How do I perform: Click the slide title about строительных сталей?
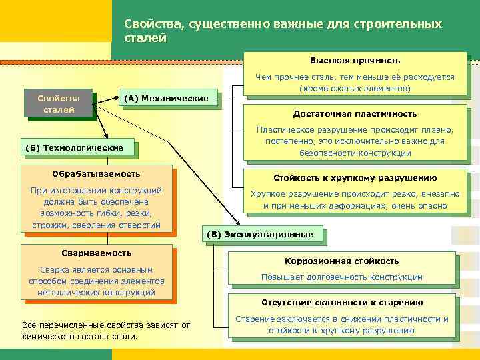(x=283, y=31)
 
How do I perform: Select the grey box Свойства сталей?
(x=59, y=104)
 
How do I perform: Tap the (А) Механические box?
(x=166, y=99)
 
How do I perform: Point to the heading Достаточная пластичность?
(x=355, y=113)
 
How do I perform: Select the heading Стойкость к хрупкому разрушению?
(x=355, y=178)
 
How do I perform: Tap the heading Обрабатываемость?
(x=96, y=173)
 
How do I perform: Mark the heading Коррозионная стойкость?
(x=341, y=261)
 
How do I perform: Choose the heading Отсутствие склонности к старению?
(x=341, y=302)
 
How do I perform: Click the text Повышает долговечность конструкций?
(x=341, y=277)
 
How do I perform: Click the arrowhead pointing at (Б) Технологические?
(x=104, y=135)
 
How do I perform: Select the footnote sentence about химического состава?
(x=105, y=331)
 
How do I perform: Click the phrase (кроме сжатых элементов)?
(x=355, y=88)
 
